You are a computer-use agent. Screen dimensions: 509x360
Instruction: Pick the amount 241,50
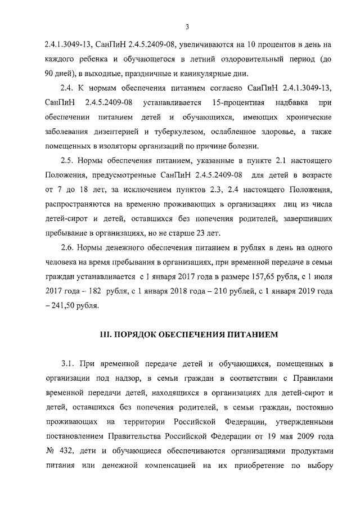[x=64, y=307]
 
